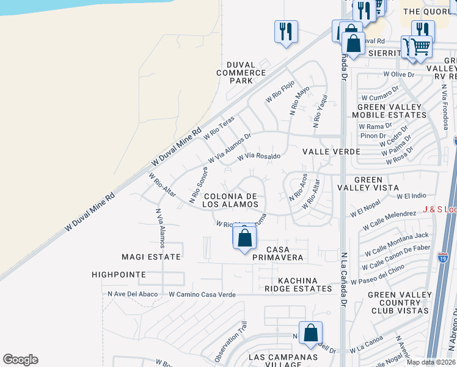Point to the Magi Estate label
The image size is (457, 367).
point(151,257)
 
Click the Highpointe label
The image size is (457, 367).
point(119,275)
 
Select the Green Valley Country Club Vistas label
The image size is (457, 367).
point(398,302)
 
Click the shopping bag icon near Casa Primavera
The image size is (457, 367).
point(244,237)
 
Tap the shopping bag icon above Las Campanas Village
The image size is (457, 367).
point(310,333)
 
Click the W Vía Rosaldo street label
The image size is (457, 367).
point(259,157)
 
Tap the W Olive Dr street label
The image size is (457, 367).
point(398,75)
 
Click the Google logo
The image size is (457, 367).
point(20,360)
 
